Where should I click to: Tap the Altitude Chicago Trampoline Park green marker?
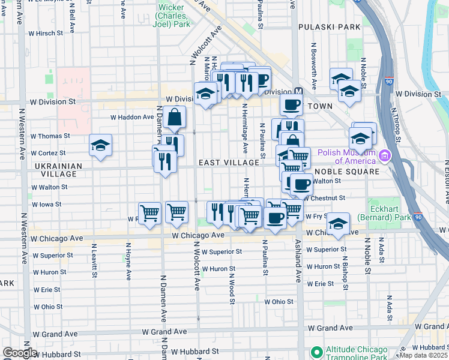315,352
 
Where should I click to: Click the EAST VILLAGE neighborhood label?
229,163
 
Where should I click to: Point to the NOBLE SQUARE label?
351,172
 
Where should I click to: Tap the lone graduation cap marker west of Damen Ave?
101,145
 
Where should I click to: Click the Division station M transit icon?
298,92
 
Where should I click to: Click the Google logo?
20,353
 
